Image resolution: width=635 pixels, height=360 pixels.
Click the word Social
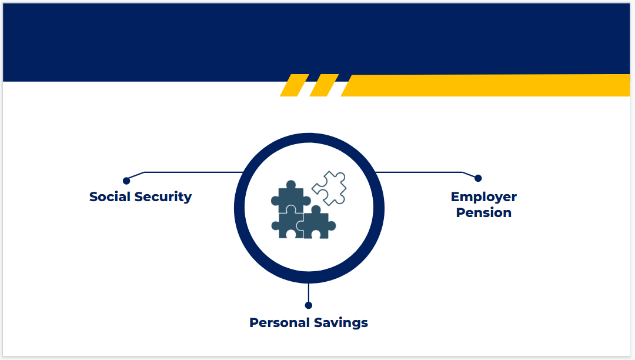click(x=110, y=197)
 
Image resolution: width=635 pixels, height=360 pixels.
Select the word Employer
click(x=484, y=197)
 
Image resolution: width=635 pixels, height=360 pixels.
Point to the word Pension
click(x=484, y=213)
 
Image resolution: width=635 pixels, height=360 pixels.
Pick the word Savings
click(x=342, y=323)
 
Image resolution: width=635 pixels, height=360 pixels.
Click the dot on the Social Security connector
click(x=126, y=181)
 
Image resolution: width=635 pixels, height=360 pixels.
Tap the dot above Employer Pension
click(x=478, y=178)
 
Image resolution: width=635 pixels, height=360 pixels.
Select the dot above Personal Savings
click(x=309, y=305)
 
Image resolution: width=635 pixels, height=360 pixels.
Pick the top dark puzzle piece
click(x=291, y=196)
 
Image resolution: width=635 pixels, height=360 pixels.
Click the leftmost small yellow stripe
click(x=294, y=85)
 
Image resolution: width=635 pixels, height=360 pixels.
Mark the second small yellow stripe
click(x=324, y=85)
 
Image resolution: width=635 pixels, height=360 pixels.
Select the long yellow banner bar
click(x=488, y=85)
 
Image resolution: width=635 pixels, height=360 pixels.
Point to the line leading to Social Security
click(x=194, y=172)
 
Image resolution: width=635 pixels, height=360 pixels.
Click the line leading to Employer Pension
click(x=417, y=172)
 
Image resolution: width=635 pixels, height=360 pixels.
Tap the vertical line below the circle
click(x=309, y=292)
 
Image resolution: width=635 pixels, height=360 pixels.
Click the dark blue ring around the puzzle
click(x=239, y=208)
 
